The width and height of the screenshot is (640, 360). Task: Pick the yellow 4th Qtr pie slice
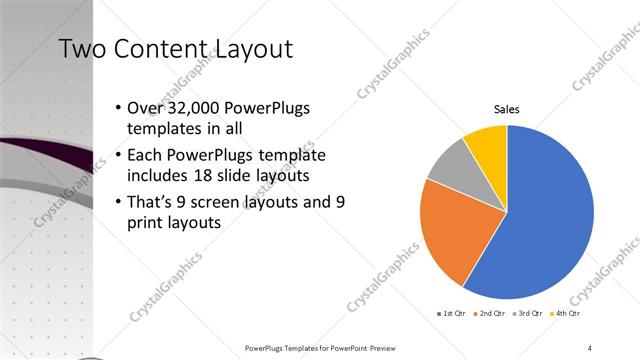pos(489,143)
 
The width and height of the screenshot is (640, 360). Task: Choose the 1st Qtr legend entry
pos(451,314)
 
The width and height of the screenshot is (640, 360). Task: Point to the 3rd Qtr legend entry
pos(529,314)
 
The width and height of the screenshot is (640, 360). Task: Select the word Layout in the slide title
pos(249,48)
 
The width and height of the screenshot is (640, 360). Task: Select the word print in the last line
pos(147,224)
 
